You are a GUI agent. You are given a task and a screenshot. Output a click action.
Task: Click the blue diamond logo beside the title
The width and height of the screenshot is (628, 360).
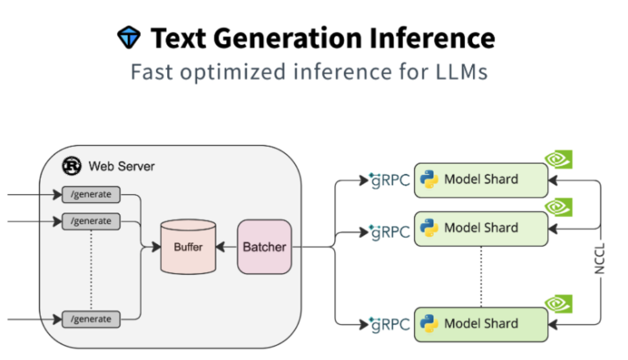pyautogui.click(x=128, y=38)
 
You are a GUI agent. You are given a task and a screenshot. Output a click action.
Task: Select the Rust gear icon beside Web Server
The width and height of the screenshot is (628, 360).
pyautogui.click(x=72, y=166)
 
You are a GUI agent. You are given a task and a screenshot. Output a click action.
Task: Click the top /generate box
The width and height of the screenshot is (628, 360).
pyautogui.click(x=91, y=194)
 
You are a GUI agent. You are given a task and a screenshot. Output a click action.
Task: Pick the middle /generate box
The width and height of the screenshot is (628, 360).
pyautogui.click(x=91, y=221)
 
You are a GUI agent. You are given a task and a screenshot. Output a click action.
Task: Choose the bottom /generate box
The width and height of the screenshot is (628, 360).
pyautogui.click(x=91, y=319)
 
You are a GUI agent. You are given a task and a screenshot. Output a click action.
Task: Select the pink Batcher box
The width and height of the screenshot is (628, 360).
pyautogui.click(x=264, y=247)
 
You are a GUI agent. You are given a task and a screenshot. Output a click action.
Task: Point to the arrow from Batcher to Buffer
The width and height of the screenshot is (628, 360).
pyautogui.click(x=227, y=247)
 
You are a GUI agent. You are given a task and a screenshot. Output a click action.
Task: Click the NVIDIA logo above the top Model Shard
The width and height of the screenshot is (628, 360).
pyautogui.click(x=558, y=159)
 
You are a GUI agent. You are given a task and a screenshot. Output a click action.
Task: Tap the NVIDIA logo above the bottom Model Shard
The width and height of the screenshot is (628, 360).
pyautogui.click(x=558, y=303)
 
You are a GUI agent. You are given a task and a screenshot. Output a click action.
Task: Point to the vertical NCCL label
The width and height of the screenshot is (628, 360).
pyautogui.click(x=601, y=258)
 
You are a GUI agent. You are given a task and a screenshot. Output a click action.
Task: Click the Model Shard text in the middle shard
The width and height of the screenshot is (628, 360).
pyautogui.click(x=481, y=228)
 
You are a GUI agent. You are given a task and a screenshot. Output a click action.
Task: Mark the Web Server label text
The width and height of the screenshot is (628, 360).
pyautogui.click(x=122, y=166)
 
